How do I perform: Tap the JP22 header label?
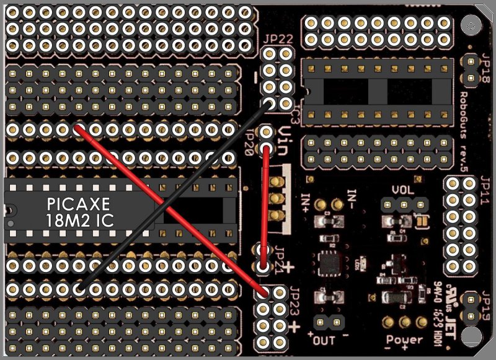277,38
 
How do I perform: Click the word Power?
405,340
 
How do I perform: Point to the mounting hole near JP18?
473,26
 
